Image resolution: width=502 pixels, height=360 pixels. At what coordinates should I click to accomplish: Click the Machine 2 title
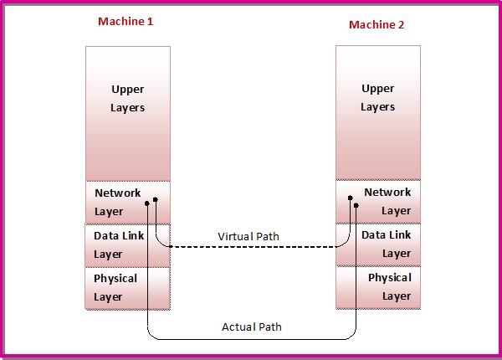tap(376, 25)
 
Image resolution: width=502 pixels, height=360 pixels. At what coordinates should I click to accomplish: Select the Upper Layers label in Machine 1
tap(128, 98)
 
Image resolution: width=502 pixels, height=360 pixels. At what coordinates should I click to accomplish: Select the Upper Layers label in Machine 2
tap(377, 98)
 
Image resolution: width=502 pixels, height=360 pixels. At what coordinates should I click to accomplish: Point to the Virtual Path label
tap(248, 237)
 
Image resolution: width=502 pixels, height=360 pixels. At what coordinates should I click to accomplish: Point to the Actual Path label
tap(251, 327)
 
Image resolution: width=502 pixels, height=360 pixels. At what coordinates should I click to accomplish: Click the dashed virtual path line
tap(251, 248)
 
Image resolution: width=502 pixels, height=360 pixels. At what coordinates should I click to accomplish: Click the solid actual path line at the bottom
tap(251, 340)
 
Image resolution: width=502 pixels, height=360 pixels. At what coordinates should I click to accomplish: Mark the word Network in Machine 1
tap(118, 193)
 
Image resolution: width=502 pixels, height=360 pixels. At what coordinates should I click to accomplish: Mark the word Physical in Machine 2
tap(390, 277)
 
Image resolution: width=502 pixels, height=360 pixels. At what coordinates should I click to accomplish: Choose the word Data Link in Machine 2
tap(387, 235)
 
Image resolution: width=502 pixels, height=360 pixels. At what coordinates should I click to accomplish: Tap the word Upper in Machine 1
tap(128, 89)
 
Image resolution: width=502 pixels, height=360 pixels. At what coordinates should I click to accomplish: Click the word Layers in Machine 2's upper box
tap(377, 107)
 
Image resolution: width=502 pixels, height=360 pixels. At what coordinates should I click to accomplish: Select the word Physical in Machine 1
tap(115, 278)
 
